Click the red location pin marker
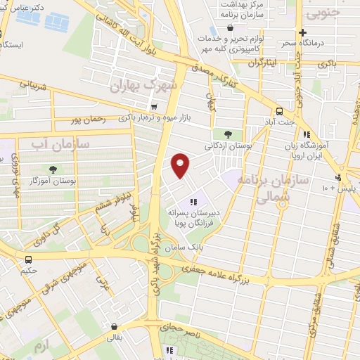[181, 165]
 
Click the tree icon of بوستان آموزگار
[53, 169]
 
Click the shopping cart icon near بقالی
[114, 326]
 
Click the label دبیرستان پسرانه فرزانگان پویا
[193, 216]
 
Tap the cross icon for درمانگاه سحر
[302, 32]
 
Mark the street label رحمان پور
[89, 120]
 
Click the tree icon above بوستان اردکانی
[226, 134]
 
